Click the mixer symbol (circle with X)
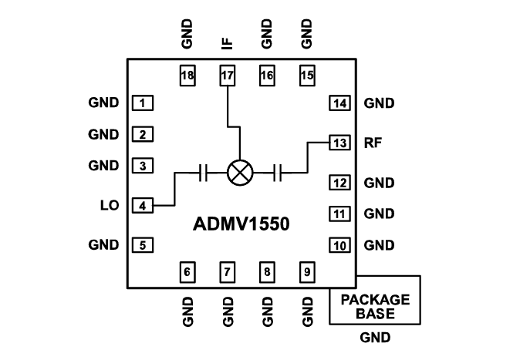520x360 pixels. (241, 173)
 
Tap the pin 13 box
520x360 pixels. (339, 143)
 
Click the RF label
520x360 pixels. (373, 143)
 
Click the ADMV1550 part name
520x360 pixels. (241, 224)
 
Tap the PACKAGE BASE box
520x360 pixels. (375, 307)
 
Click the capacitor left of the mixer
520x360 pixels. (203, 173)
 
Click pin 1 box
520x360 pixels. (143, 103)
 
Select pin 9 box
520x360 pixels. (307, 271)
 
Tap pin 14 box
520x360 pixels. (339, 103)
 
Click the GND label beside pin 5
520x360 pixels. (103, 245)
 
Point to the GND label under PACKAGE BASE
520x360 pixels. (375, 338)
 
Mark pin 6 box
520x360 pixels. (187, 271)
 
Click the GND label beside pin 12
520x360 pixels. (379, 183)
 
